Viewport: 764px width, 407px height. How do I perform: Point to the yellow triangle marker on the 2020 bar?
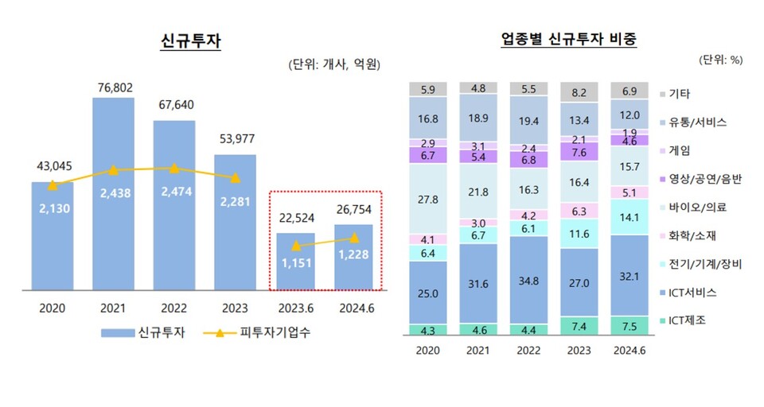point(53,185)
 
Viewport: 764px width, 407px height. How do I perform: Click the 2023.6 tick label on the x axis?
point(296,308)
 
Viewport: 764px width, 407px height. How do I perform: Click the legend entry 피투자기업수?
point(266,333)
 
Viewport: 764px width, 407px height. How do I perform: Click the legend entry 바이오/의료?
point(696,207)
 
